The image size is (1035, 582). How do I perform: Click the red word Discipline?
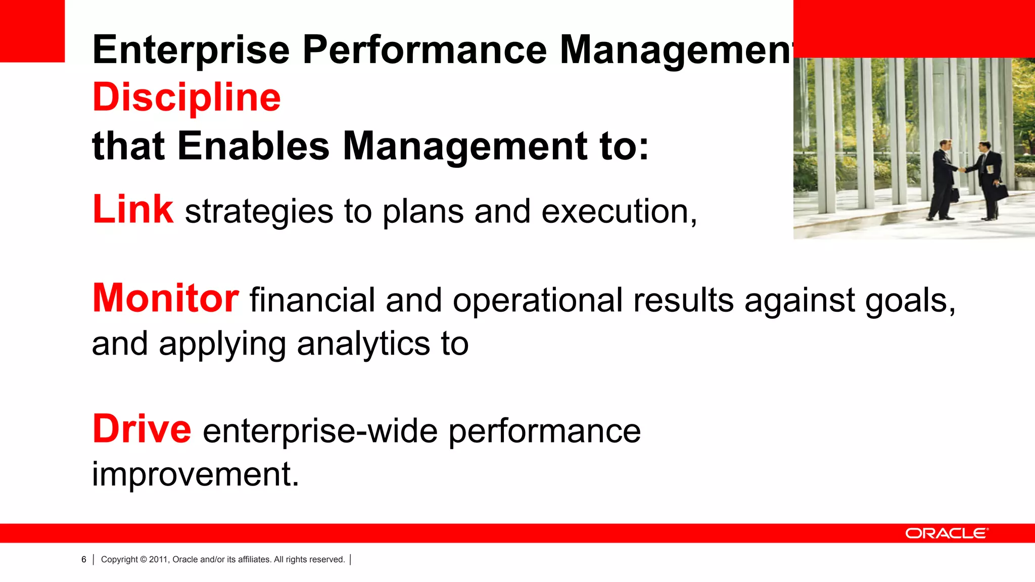186,97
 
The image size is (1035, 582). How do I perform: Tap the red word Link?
133,209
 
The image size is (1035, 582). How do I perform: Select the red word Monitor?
165,298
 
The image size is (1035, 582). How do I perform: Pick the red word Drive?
142,429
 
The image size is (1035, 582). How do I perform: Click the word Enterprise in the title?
191,50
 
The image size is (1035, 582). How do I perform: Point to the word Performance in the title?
425,50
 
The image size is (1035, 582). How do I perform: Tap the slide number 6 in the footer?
84,559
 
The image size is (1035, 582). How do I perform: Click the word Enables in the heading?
254,146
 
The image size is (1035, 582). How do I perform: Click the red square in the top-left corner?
32,30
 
